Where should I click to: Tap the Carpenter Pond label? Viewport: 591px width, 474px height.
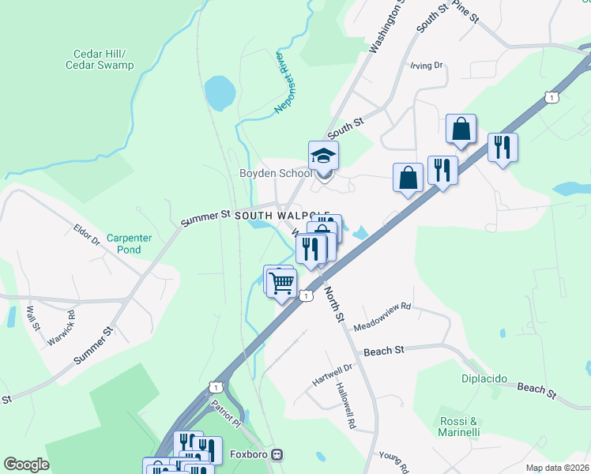(x=124, y=243)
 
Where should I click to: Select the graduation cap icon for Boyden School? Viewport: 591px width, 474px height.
(x=323, y=155)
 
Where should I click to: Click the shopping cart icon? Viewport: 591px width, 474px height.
(x=283, y=282)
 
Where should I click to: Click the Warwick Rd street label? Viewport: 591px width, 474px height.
(x=71, y=325)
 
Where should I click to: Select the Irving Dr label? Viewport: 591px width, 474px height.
(x=426, y=66)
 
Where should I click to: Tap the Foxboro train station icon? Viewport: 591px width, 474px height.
(x=277, y=455)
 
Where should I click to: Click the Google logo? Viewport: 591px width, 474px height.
(x=26, y=465)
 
